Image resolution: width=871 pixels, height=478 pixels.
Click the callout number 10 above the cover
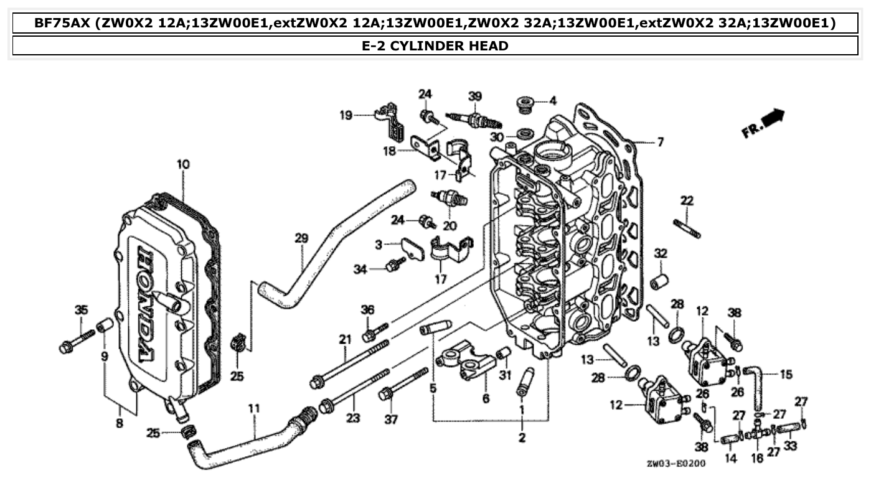pos(183,164)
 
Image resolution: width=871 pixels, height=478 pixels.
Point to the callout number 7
pos(660,143)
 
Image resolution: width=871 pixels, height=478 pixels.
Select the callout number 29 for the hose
pos(301,238)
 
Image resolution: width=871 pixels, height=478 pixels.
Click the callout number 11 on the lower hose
pos(253,409)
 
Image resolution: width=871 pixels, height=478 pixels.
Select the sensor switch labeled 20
pos(450,199)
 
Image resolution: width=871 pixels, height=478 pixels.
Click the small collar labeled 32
pos(659,280)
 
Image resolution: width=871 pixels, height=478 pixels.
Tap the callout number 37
pos(390,419)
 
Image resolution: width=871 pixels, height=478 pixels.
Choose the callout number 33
pos(790,446)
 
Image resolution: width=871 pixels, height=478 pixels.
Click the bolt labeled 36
pos(374,332)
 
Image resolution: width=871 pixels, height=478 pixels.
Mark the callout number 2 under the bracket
pos(522,438)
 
